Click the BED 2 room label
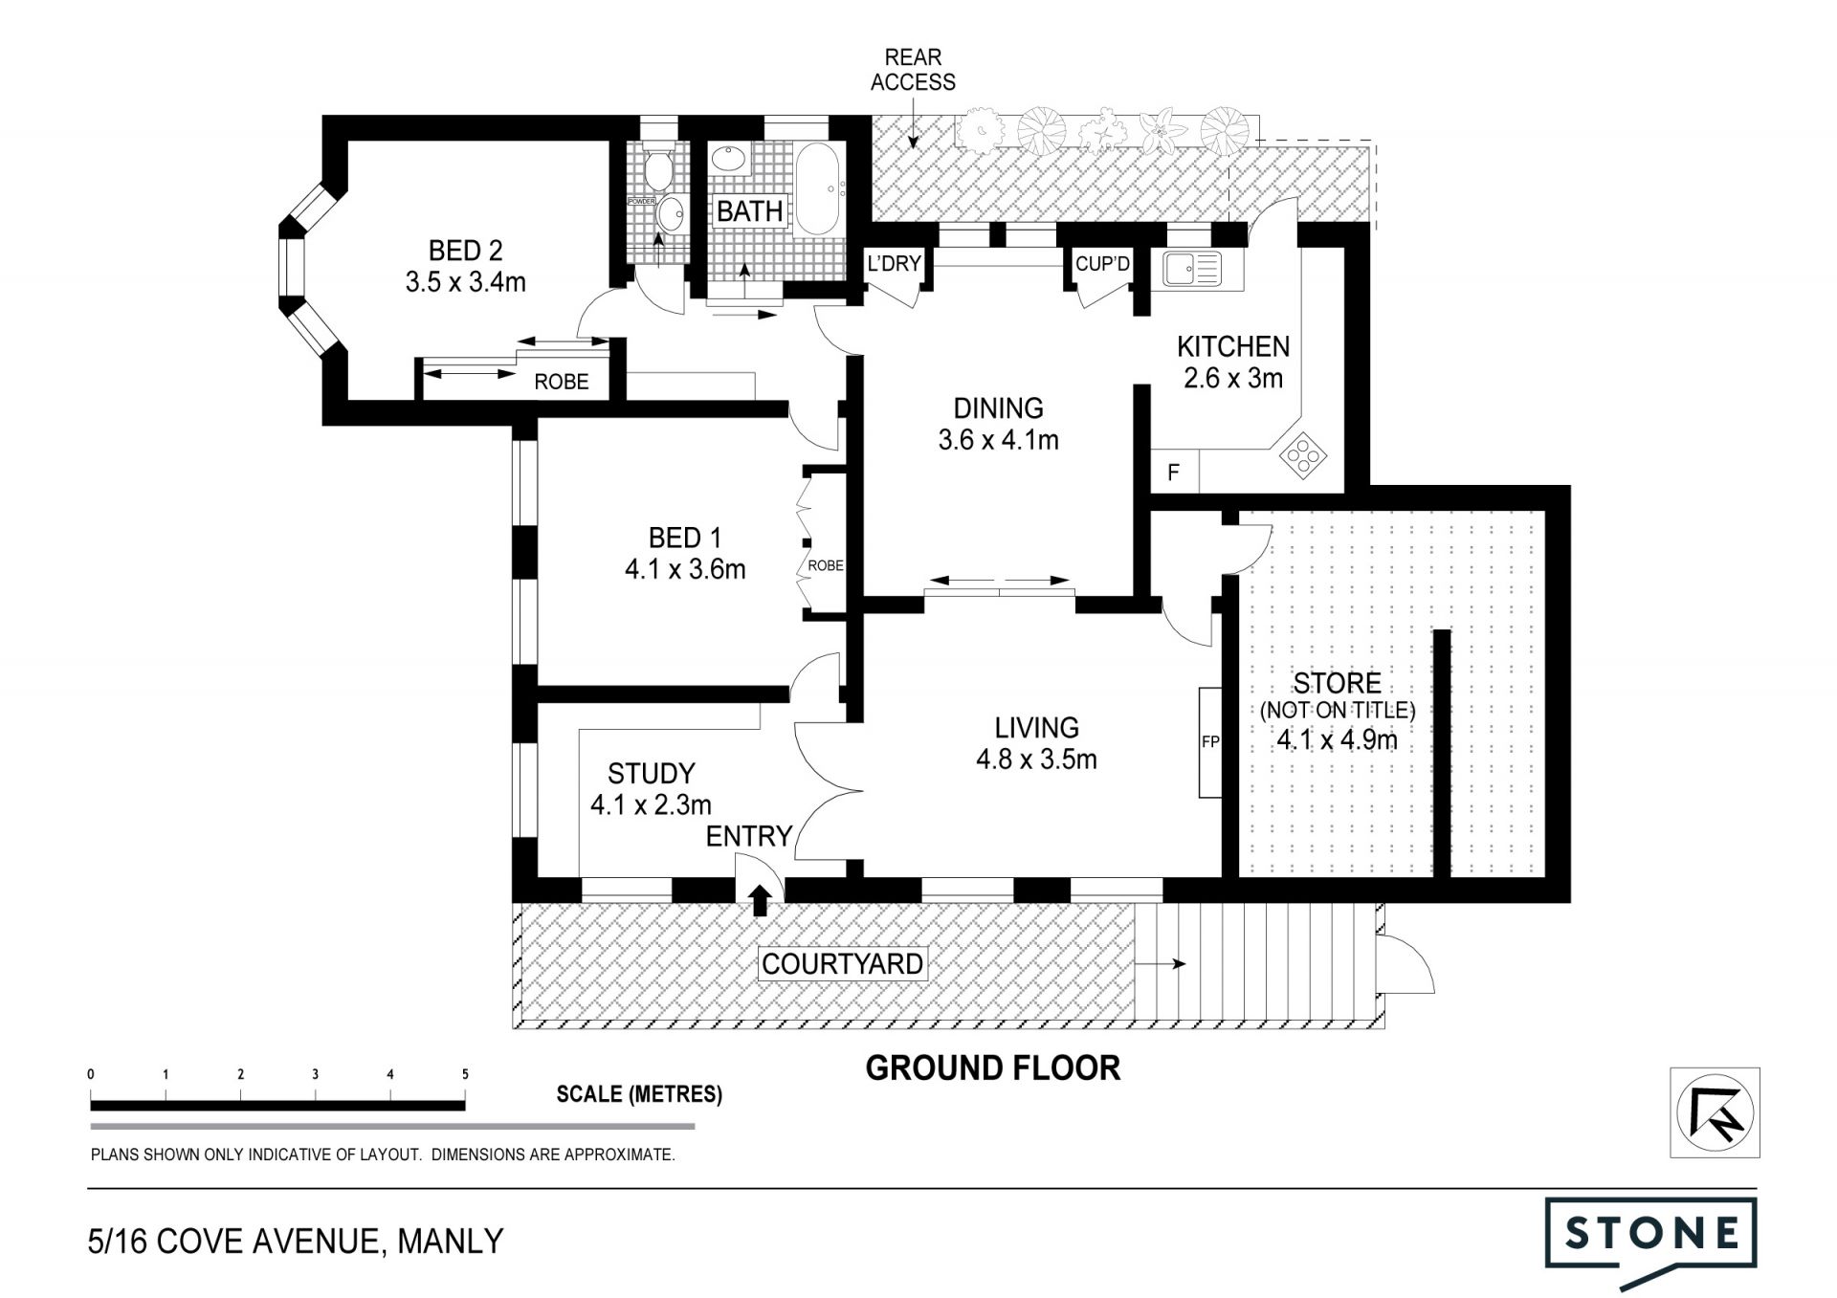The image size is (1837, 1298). coord(465,251)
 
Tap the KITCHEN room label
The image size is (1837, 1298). coord(1233,346)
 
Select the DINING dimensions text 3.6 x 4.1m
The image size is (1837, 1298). coord(998,440)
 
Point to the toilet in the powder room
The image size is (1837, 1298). coord(657,170)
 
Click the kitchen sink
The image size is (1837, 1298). coord(1192,269)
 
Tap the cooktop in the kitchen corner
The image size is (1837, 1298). coord(1303,455)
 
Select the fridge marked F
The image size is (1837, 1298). coord(1174,473)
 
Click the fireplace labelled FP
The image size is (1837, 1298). coord(1210,741)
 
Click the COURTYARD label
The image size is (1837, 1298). coord(842,963)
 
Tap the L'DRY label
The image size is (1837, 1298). coord(894,263)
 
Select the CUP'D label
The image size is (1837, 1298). coord(1102,263)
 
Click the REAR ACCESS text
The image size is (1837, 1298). coord(913,70)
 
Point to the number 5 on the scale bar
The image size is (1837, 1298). coord(466,1074)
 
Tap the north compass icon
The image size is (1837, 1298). coord(1715,1112)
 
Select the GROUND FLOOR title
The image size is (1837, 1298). coord(992,1068)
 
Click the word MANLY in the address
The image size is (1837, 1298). coord(450,1242)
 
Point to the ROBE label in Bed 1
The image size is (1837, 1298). coord(826,565)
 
